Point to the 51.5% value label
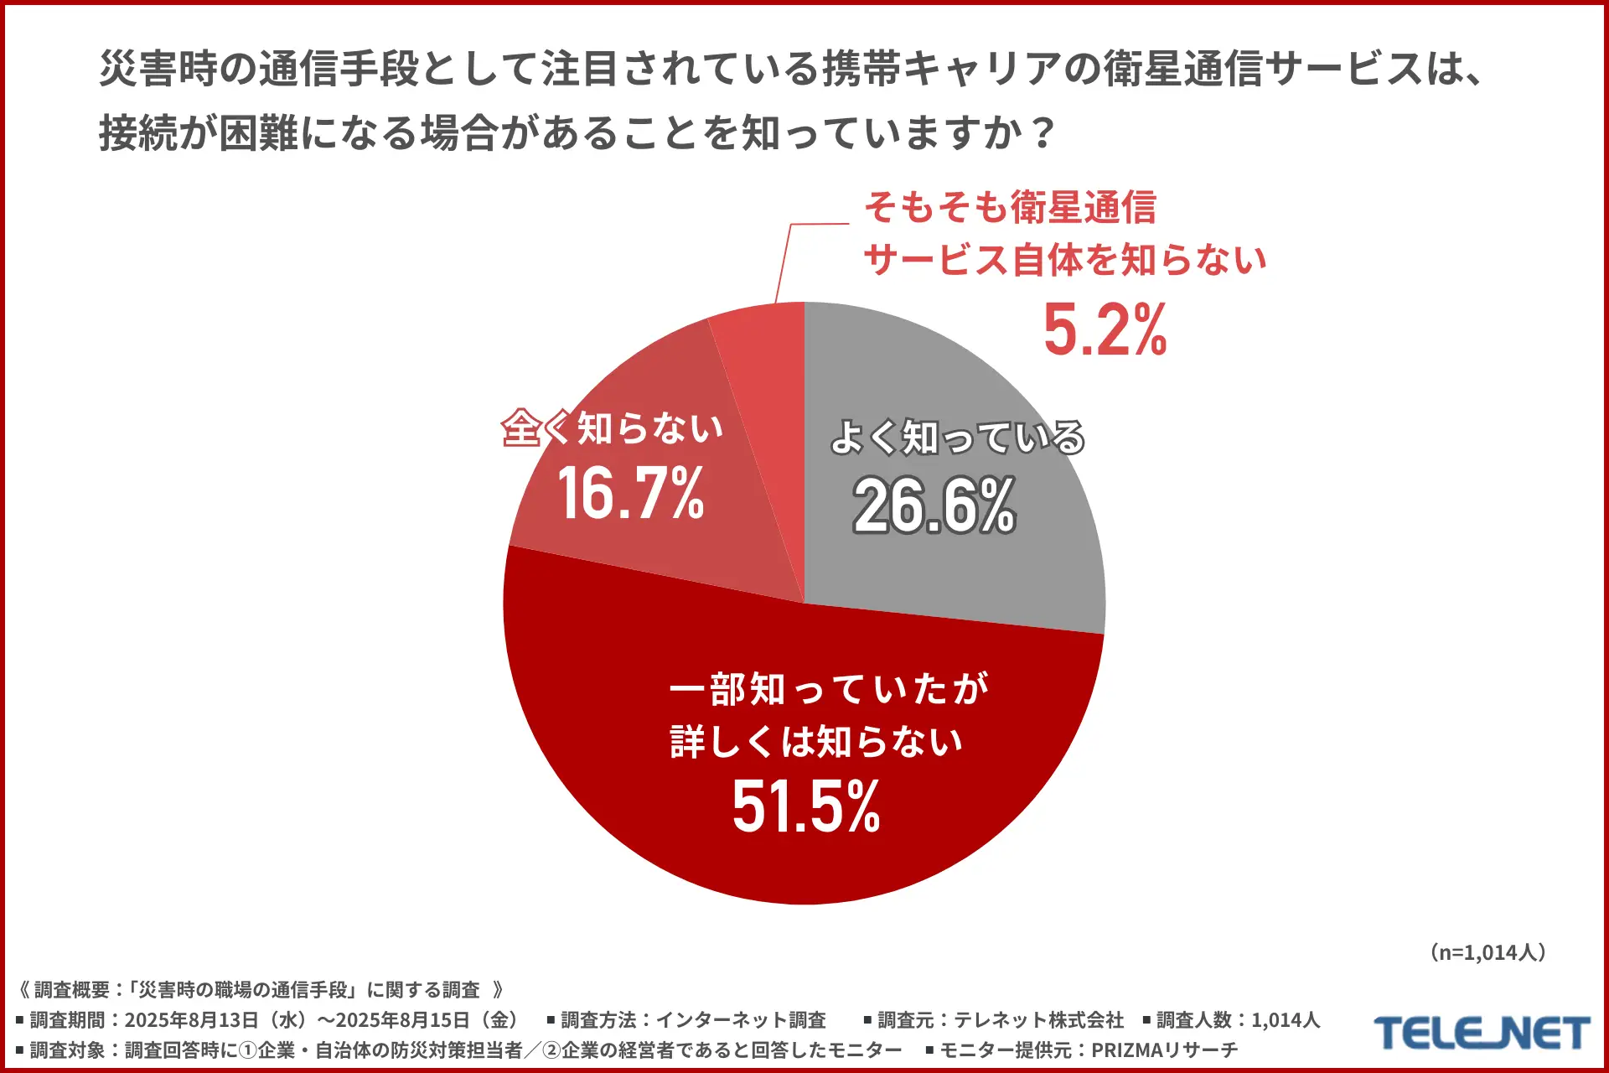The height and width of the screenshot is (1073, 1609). pos(806,806)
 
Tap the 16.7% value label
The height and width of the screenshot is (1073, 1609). pos(630,493)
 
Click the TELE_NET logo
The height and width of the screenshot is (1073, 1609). pos(1482,1033)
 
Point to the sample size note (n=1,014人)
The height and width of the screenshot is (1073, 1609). pos(1488,952)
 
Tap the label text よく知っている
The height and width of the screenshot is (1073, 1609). pos(957,438)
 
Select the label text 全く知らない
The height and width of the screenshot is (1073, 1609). pos(613,428)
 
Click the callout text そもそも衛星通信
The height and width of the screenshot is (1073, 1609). pos(1011,207)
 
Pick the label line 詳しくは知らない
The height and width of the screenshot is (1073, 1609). pos(816,742)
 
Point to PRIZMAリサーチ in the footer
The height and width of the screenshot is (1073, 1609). pos(1164,1050)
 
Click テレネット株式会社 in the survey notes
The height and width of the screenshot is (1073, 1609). pos(1038,1020)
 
